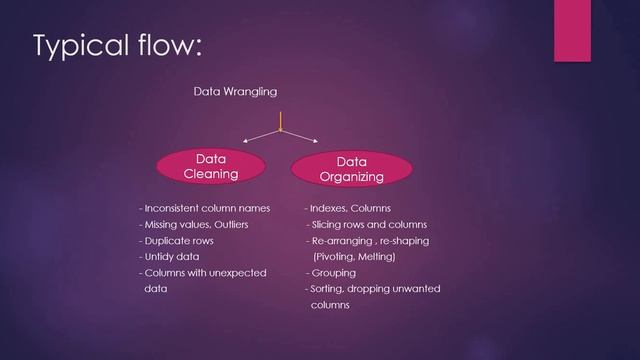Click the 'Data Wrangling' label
click(x=235, y=92)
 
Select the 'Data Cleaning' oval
click(x=210, y=166)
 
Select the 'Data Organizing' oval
click(x=351, y=169)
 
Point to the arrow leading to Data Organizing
click(x=302, y=138)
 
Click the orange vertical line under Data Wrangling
click(x=280, y=119)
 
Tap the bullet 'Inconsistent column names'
click(x=201, y=209)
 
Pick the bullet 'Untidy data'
click(x=170, y=257)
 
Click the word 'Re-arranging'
click(x=343, y=241)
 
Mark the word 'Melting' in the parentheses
click(x=374, y=257)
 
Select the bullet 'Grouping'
click(x=334, y=273)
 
